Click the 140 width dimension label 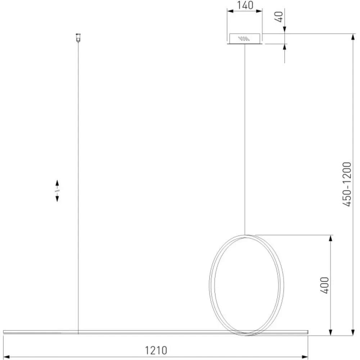tap(245, 5)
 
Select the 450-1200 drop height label tap(347, 184)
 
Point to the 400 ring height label tap(325, 285)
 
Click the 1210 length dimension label tap(156, 350)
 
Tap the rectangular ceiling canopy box tap(245, 39)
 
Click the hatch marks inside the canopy tap(244, 39)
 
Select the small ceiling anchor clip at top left tap(78, 38)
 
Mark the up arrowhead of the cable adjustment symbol tap(57, 183)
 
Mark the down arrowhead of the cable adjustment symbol tap(57, 199)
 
